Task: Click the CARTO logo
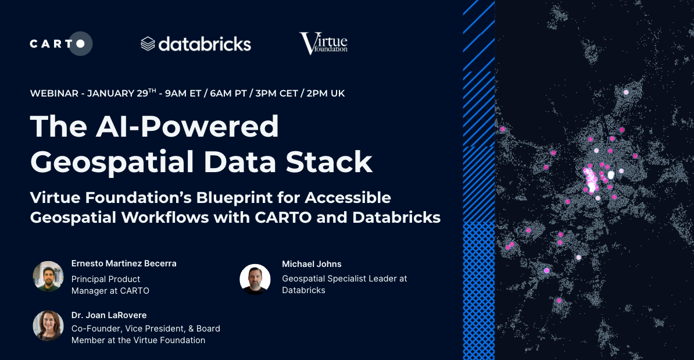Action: coord(61,44)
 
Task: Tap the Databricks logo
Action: coord(196,44)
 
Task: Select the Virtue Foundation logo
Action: coord(324,44)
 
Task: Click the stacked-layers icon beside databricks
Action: coord(148,44)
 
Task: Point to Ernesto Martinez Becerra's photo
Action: coord(48,276)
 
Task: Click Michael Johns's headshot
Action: coord(255,279)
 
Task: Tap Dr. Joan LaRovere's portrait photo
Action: coord(48,326)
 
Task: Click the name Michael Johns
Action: coord(312,264)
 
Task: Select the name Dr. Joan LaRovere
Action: coord(109,315)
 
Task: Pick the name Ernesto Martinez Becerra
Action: coord(124,263)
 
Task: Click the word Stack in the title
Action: coord(329,162)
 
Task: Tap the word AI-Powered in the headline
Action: coord(187,127)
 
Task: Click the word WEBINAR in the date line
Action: coord(54,94)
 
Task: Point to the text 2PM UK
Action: coord(325,94)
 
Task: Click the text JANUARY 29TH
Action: coord(121,92)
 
